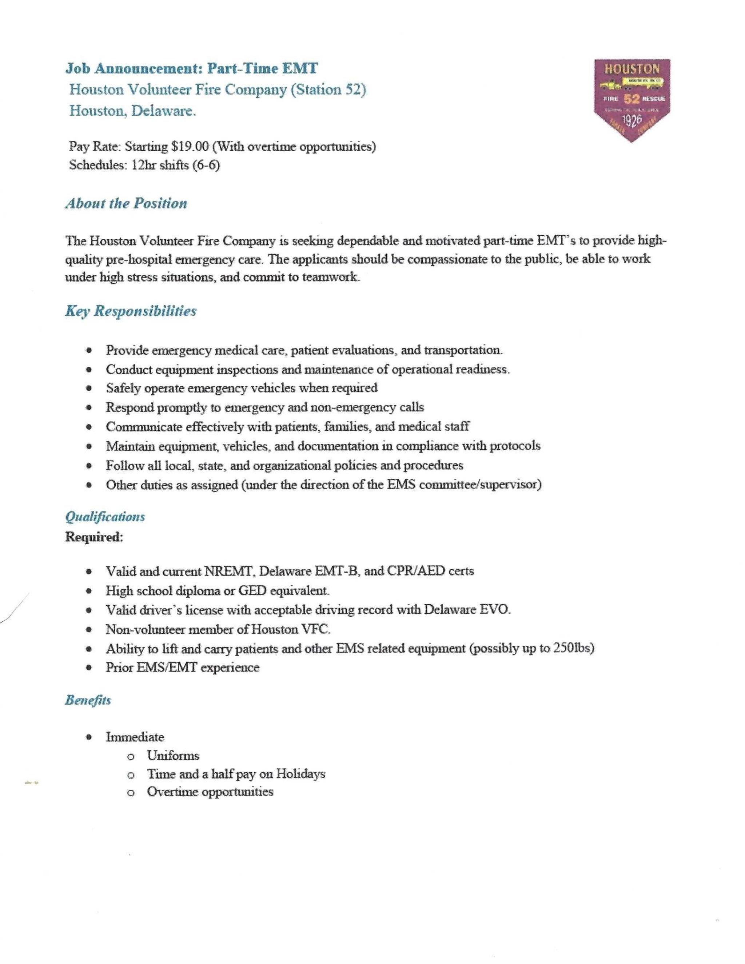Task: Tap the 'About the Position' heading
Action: click(126, 203)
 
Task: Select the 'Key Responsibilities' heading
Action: click(131, 311)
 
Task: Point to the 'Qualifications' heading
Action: click(105, 517)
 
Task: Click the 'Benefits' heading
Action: click(88, 701)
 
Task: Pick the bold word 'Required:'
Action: click(94, 537)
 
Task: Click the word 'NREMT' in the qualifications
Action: click(229, 571)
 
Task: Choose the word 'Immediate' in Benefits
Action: click(135, 737)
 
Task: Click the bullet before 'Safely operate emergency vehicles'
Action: click(89, 389)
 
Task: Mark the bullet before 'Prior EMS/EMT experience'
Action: click(89, 668)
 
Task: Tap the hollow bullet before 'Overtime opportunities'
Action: click(130, 793)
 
